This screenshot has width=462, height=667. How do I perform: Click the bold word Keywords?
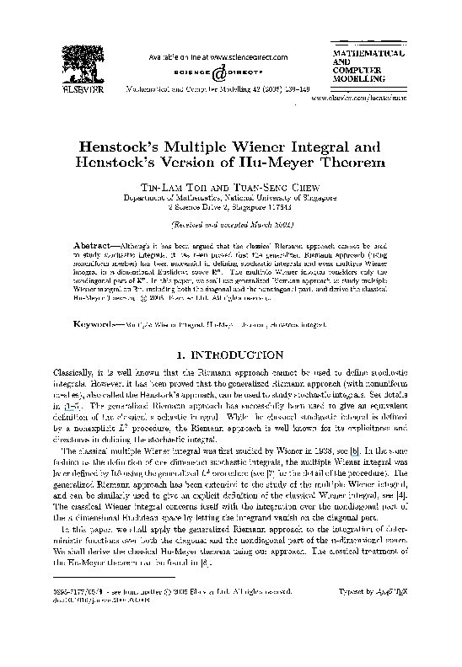91,299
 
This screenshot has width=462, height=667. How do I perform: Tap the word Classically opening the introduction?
75,359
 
